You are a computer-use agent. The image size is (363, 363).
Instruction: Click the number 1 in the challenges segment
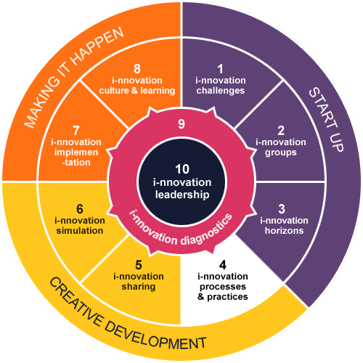pos(220,69)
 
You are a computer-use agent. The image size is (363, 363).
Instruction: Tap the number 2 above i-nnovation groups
pos(281,131)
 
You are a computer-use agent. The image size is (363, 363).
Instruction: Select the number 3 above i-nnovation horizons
pos(282,209)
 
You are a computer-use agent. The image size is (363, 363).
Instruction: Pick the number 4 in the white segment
pos(223,265)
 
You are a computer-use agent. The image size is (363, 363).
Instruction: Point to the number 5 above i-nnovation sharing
pos(139,265)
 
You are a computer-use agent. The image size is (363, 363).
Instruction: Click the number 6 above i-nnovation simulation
pos(80,209)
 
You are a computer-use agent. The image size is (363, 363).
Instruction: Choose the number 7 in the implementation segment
pos(76,131)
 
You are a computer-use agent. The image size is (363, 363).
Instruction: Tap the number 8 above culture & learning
pos(137,69)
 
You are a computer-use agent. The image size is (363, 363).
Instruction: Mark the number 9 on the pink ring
pos(181,124)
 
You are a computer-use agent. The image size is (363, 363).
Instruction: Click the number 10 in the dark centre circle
pos(182,169)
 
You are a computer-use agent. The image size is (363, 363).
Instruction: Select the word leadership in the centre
pos(182,195)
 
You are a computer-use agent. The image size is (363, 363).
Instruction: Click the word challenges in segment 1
pos(221,91)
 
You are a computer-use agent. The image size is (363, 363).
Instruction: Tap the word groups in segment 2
pos(281,153)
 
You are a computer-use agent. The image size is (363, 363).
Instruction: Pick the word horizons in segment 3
pos(284,231)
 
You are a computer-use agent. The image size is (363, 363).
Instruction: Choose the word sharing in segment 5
pos(139,287)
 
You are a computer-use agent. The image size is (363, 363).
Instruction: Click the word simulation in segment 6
pos(80,231)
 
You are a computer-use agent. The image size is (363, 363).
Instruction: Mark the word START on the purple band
pos(320,105)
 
